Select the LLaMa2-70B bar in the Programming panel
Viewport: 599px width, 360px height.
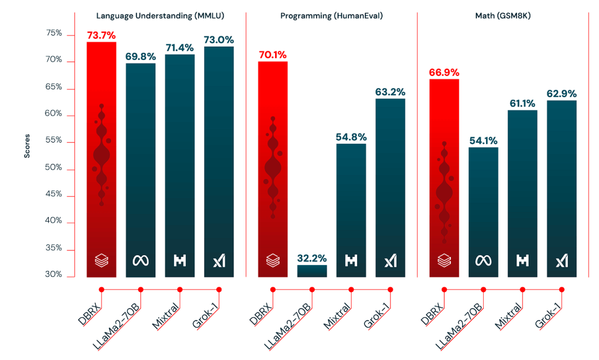[312, 271]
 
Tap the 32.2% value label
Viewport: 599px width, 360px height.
[312, 258]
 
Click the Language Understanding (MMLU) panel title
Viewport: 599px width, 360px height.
[160, 16]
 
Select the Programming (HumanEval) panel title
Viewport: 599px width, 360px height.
[332, 16]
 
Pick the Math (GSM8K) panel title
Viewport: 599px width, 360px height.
[502, 16]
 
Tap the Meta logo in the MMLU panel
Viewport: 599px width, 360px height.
[140, 260]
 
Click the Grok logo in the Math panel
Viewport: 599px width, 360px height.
[562, 260]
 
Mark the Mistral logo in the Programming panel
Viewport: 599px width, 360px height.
[351, 260]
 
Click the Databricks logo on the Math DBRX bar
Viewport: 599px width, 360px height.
[444, 260]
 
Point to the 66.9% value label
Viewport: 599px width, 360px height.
[444, 73]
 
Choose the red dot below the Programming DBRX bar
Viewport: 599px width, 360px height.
[272, 289]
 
